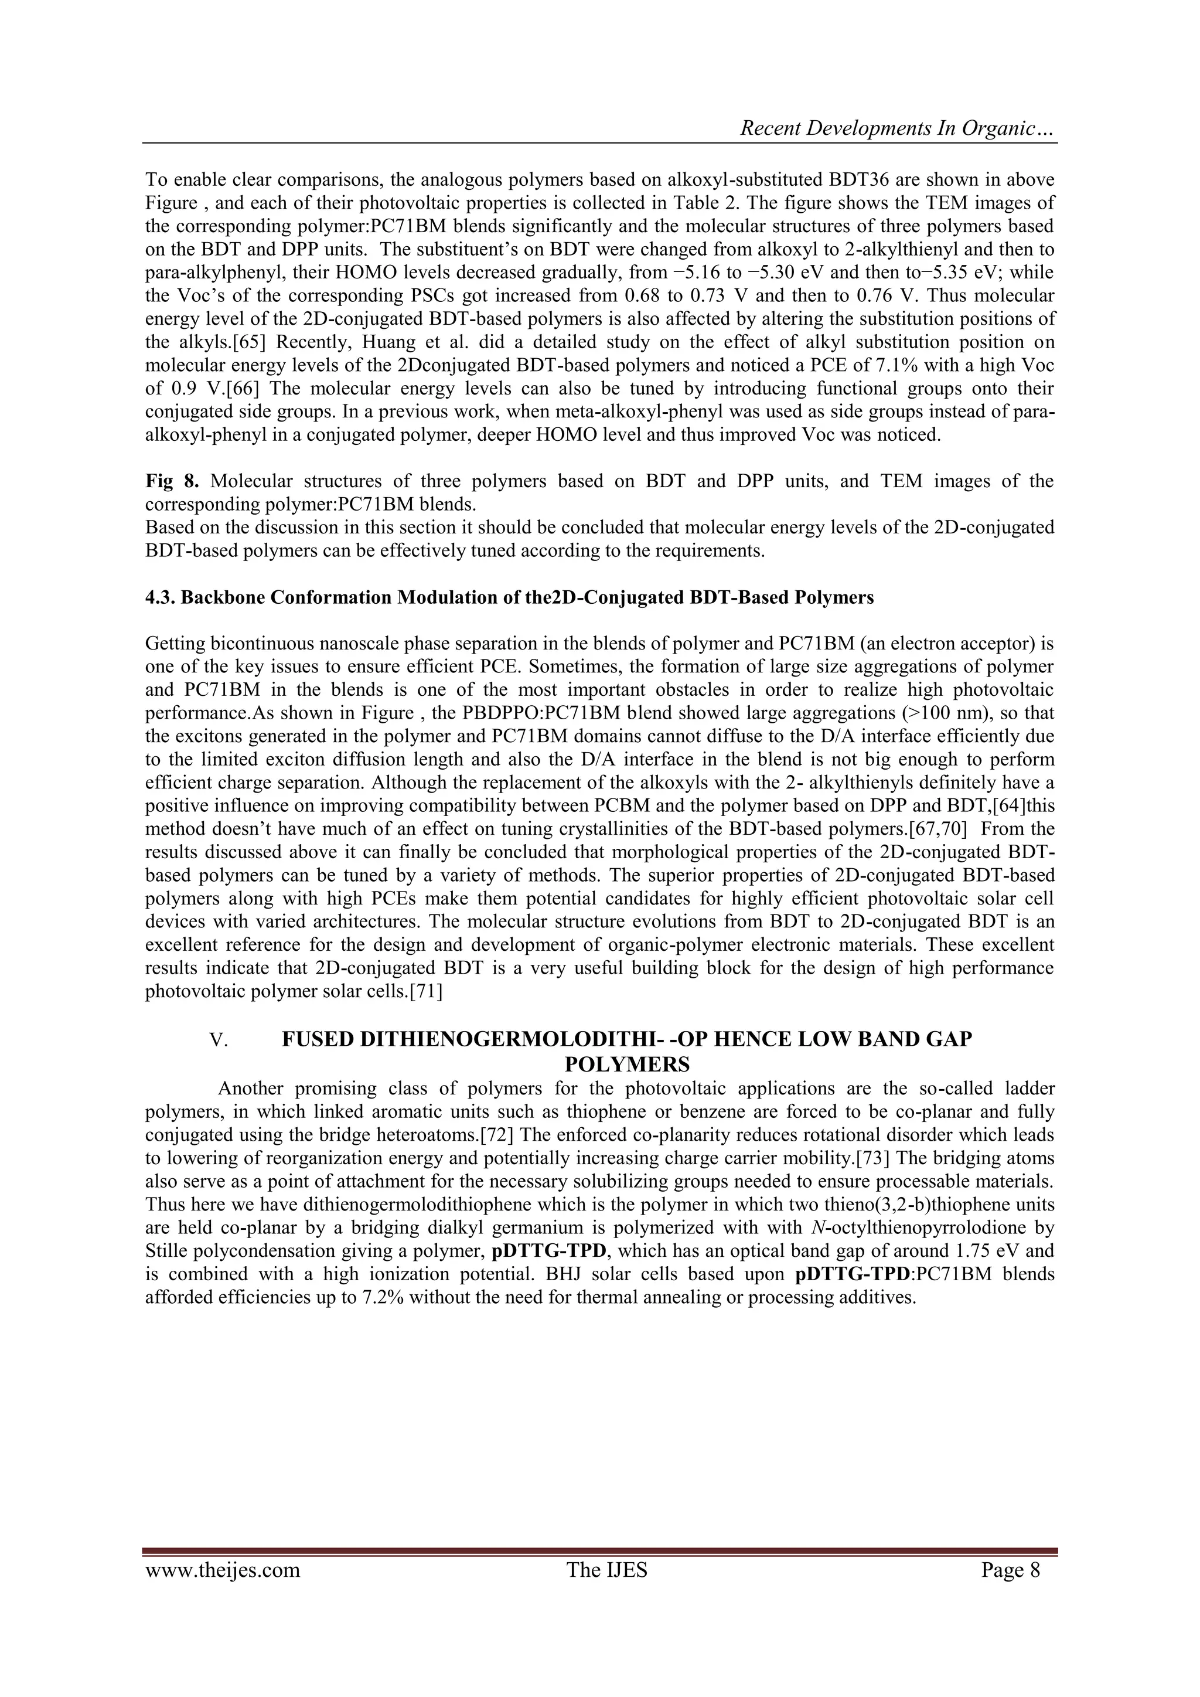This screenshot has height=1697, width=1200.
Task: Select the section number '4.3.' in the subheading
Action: coord(161,598)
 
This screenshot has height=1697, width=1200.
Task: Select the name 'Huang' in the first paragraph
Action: coord(417,343)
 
